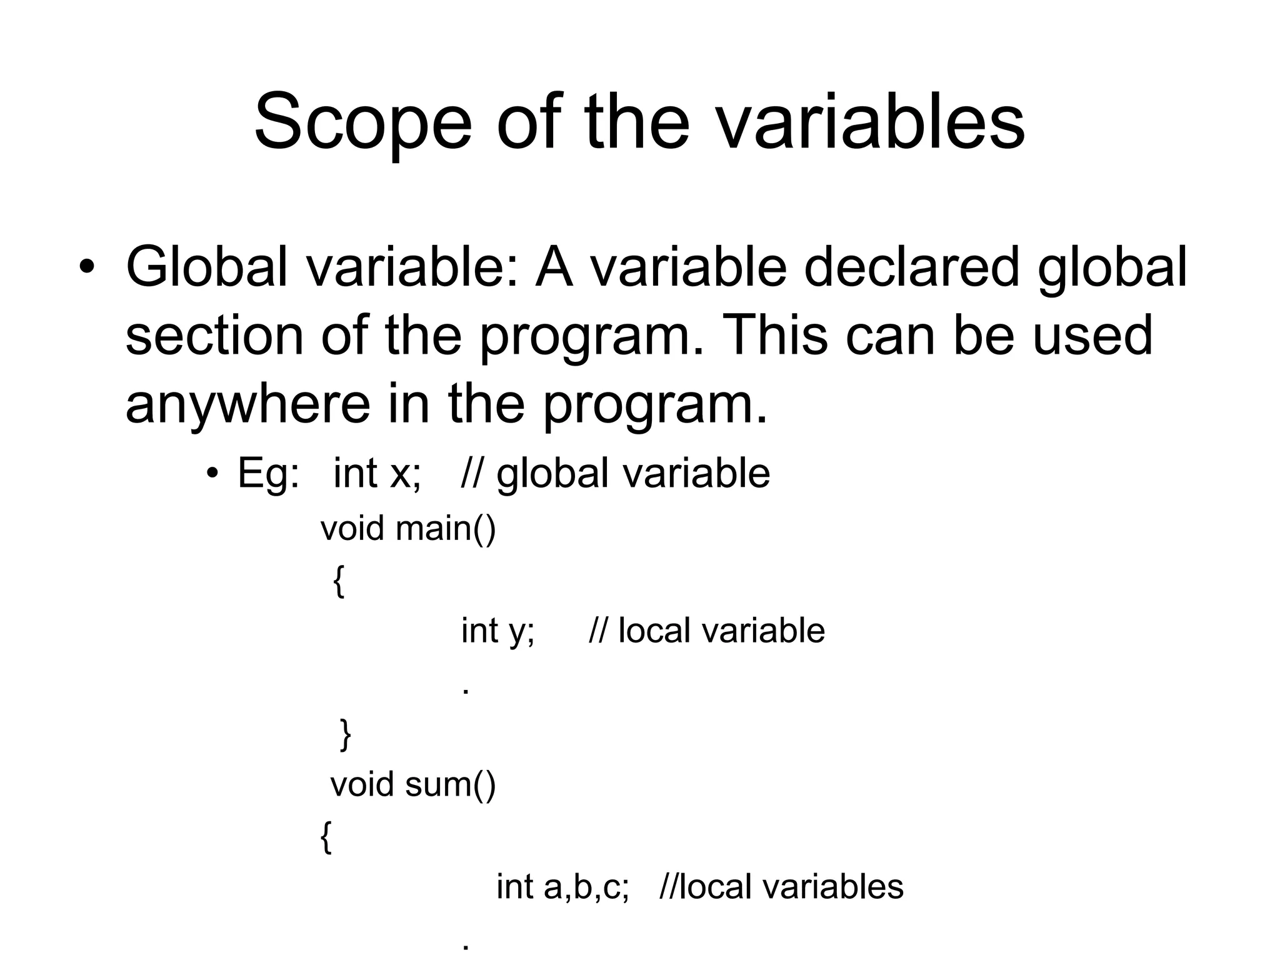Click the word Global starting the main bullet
click(207, 267)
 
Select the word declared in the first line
click(912, 267)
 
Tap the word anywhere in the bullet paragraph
click(247, 403)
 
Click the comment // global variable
click(615, 472)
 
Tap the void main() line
click(408, 529)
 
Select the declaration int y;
click(497, 630)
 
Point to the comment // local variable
click(707, 630)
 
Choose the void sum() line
click(412, 784)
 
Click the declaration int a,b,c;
click(562, 887)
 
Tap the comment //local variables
click(781, 887)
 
